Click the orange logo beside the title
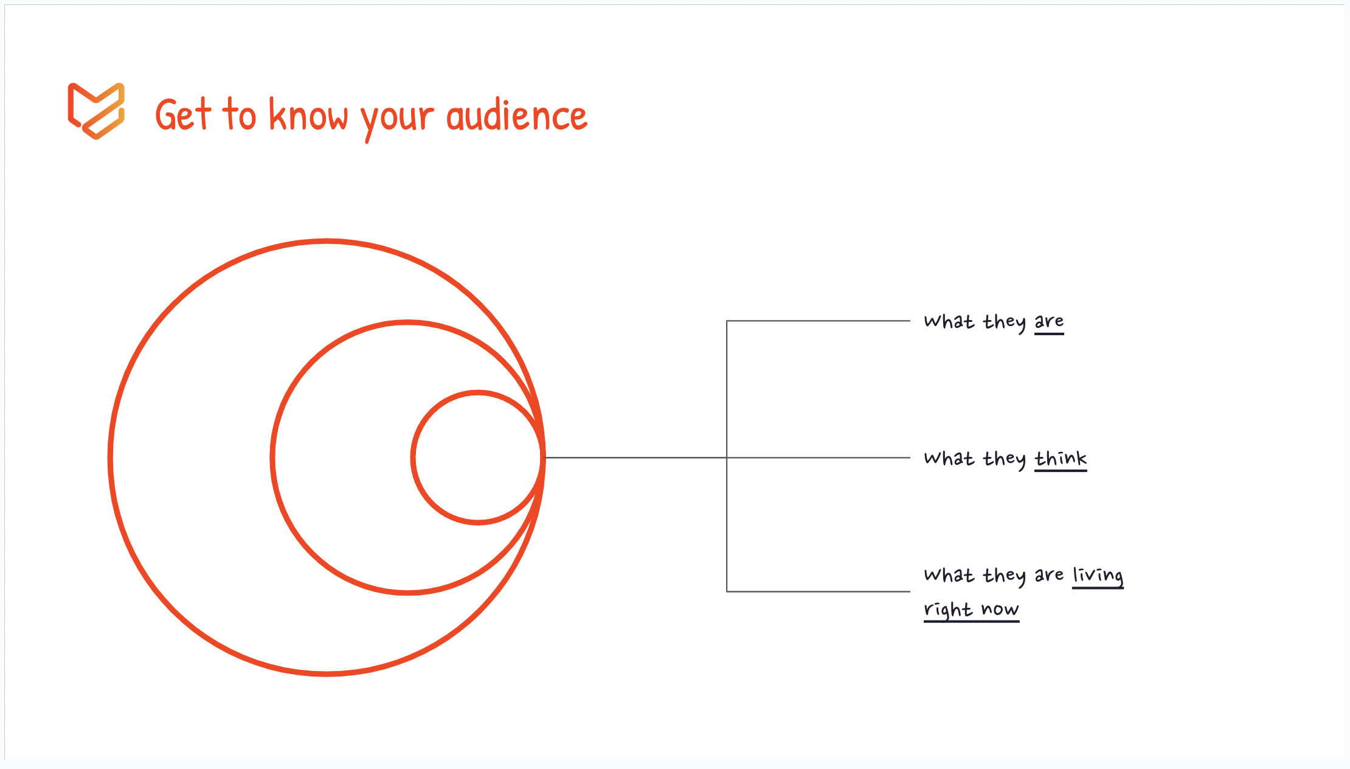coord(96,111)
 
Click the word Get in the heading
coord(183,114)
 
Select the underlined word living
coord(1098,576)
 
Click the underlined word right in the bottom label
coord(948,610)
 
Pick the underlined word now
coord(1000,610)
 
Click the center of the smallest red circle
coord(478,457)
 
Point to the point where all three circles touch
coord(542,457)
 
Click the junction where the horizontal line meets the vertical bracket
coord(727,458)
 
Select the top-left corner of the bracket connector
coord(727,321)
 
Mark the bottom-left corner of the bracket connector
coord(727,591)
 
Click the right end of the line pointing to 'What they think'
coord(910,458)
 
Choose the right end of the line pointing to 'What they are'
coord(910,321)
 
